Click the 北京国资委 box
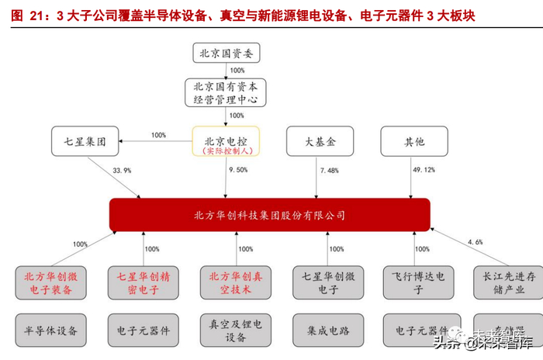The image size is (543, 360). [x=226, y=54]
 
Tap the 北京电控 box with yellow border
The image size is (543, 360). [x=226, y=144]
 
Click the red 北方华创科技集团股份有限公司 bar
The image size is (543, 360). [x=269, y=215]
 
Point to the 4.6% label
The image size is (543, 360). [x=475, y=242]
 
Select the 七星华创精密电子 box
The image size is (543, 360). [x=143, y=282]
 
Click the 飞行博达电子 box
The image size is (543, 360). [x=417, y=282]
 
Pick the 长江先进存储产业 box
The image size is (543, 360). [x=508, y=282]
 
